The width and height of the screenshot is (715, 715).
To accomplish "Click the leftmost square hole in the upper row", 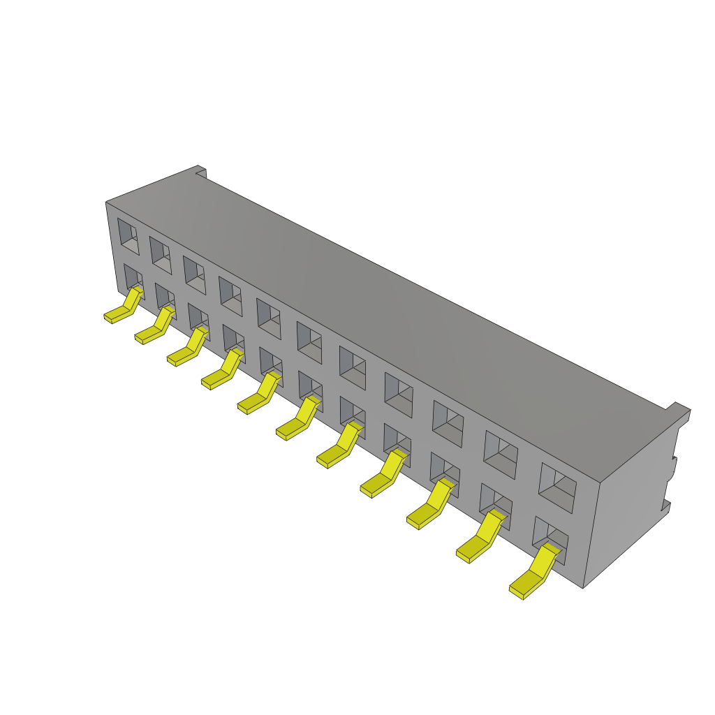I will pos(128,235).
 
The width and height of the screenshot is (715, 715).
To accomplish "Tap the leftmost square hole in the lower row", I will pos(133,279).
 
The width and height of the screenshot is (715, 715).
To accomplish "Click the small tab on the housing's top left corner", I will pos(201,170).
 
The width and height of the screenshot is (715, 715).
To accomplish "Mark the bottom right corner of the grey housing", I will pos(584,587).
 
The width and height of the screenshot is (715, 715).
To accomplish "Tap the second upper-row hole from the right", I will pos(501,454).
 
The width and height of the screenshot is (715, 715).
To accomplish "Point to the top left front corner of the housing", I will pos(106,203).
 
